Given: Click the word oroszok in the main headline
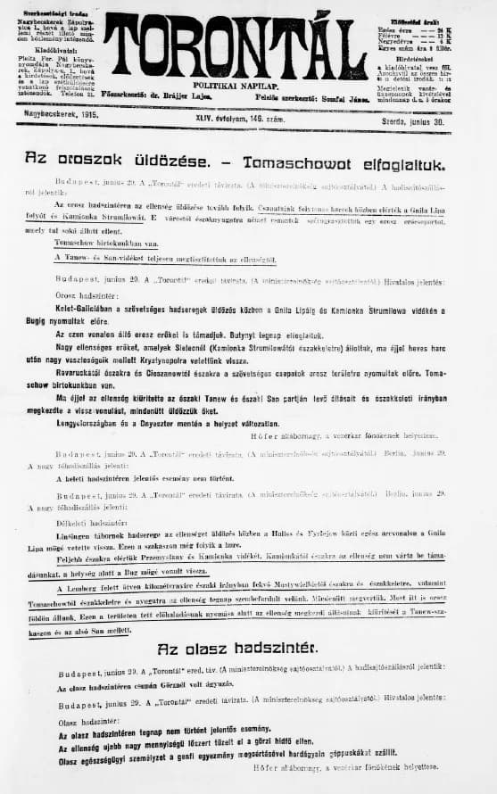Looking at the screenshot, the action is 93,159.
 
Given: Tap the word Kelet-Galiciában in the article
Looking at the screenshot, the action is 87,309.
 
